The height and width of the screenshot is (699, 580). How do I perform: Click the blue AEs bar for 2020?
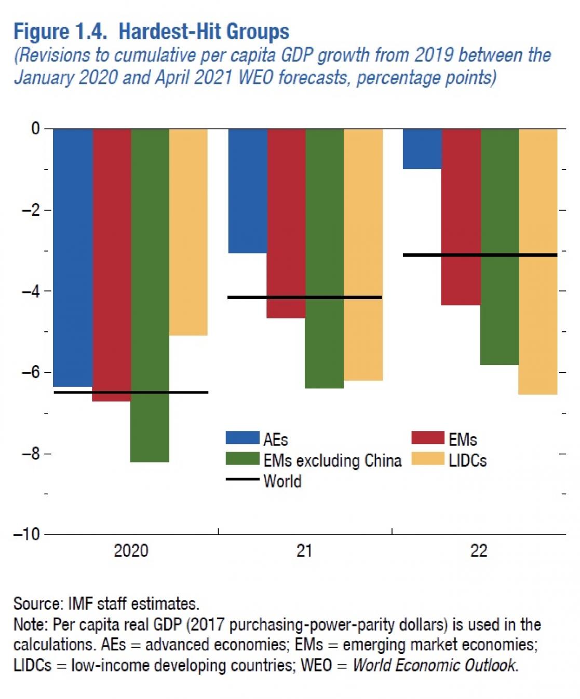click(73, 257)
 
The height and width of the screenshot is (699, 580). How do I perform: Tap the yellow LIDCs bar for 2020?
click(188, 232)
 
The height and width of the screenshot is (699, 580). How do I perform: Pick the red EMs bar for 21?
click(286, 223)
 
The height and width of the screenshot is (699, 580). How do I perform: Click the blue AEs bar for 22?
click(422, 149)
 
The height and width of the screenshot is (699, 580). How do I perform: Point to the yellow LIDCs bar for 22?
click(538, 261)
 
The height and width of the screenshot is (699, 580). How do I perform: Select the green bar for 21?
click(325, 258)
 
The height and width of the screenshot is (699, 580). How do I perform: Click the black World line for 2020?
click(131, 392)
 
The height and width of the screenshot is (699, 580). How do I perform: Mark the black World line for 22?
click(480, 255)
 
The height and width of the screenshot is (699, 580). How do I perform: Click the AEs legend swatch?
click(242, 438)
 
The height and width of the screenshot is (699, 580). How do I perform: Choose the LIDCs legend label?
click(467, 460)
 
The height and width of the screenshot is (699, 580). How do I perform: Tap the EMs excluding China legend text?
click(332, 460)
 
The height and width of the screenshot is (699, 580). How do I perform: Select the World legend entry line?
click(242, 479)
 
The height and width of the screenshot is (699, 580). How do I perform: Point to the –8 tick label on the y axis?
click(31, 454)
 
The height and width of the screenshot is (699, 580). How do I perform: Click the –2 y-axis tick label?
click(31, 210)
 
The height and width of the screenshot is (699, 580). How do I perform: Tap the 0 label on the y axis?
click(35, 129)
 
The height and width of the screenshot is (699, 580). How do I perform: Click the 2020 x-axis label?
click(131, 550)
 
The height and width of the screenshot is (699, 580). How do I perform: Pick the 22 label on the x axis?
click(479, 550)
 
